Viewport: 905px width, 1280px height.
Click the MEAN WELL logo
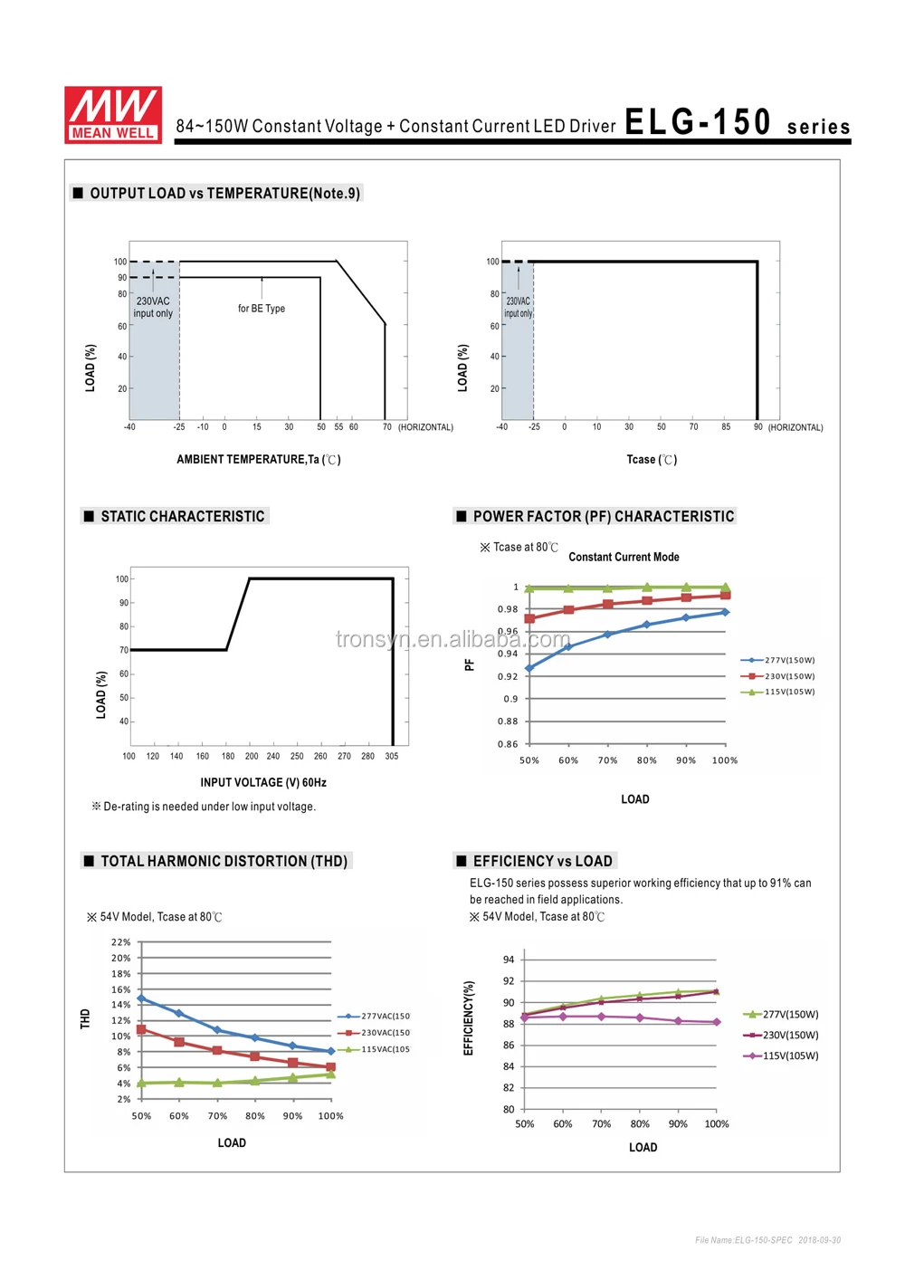pos(113,114)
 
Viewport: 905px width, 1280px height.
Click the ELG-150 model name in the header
pos(698,121)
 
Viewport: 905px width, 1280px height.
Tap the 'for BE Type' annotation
pos(262,309)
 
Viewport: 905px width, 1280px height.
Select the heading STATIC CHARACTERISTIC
pos(183,516)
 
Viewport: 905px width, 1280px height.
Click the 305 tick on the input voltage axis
pos(391,756)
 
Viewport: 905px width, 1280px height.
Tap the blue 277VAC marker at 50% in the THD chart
pos(141,998)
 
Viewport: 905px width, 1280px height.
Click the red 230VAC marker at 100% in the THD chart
pos(330,1067)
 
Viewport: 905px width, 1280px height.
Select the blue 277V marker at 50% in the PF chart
pos(529,668)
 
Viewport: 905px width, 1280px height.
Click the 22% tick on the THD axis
pos(121,942)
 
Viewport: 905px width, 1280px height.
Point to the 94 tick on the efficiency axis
pos(509,960)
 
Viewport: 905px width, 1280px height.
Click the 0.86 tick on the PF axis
pos(508,744)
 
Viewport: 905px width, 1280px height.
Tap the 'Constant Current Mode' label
pos(624,557)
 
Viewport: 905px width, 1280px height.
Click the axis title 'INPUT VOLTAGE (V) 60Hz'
pos(263,782)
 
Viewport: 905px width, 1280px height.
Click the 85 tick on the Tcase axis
pos(726,427)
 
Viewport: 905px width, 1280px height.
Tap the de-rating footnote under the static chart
pos(204,807)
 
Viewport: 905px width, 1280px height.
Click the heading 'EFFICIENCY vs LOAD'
pos(543,861)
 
